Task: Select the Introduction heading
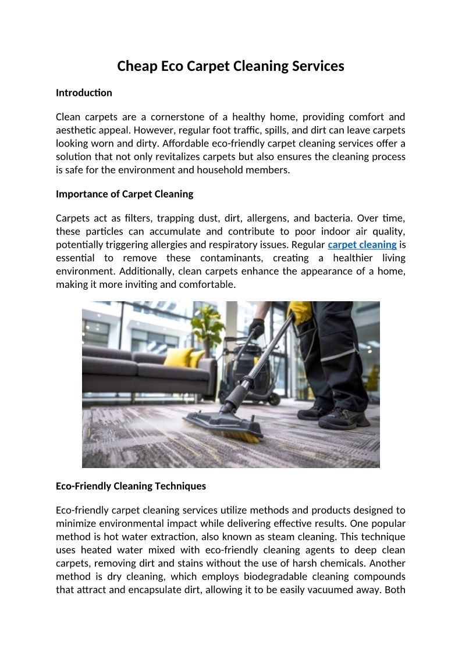[x=84, y=93]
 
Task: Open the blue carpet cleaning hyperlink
[x=362, y=245]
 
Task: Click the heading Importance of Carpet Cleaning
[x=125, y=194]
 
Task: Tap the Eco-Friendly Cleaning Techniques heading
[x=131, y=486]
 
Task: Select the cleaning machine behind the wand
[x=244, y=366]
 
